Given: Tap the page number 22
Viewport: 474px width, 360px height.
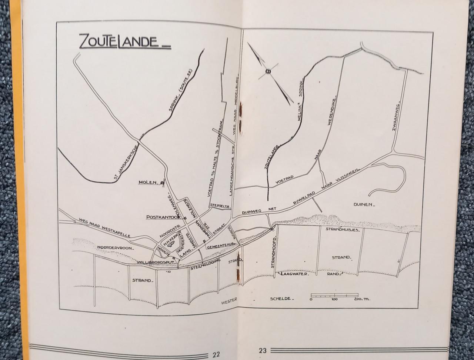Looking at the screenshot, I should point(216,354).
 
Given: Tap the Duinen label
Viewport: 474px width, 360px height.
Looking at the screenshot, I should point(364,204).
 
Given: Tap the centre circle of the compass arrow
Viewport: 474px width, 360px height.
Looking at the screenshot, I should point(268,71).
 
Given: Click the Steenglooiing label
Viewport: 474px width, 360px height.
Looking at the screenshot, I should point(205,265).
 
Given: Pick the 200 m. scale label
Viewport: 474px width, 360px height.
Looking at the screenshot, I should point(360,299).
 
